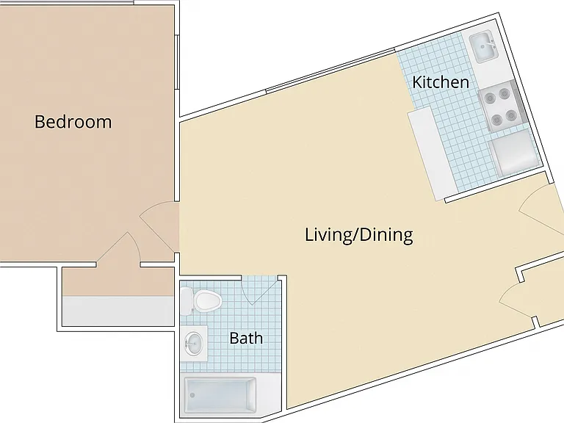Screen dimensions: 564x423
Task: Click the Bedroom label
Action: pyautogui.click(x=73, y=122)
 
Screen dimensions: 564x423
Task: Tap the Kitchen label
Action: pyautogui.click(x=441, y=82)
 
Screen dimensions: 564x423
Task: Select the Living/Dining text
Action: pyautogui.click(x=359, y=234)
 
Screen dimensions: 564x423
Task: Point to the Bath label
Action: pyautogui.click(x=246, y=338)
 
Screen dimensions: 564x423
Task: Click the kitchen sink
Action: pyautogui.click(x=484, y=47)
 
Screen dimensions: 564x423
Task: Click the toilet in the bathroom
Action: pyautogui.click(x=200, y=301)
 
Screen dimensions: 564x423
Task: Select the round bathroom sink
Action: pyautogui.click(x=194, y=343)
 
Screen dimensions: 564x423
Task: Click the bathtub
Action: pyautogui.click(x=220, y=395)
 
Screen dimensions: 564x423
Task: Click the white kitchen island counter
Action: pyautogui.click(x=432, y=153)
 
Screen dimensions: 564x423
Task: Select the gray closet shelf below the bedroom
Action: pyautogui.click(x=118, y=311)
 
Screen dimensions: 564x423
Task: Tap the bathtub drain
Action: pyautogui.click(x=192, y=395)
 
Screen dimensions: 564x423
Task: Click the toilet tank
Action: pyautogui.click(x=187, y=301)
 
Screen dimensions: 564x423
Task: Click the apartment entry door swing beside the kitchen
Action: pyautogui.click(x=540, y=211)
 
